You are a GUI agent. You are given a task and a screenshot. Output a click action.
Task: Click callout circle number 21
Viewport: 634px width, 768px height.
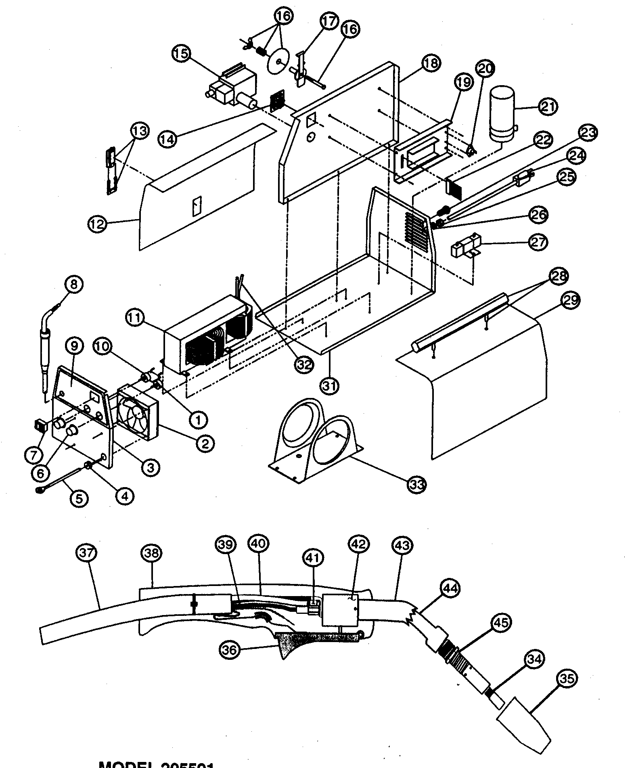548,107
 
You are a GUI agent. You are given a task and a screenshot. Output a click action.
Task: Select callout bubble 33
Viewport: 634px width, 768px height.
416,483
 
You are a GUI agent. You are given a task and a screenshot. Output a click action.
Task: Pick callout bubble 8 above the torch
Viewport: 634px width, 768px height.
73,284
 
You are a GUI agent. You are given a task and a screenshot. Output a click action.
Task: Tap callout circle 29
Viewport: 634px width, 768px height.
569,301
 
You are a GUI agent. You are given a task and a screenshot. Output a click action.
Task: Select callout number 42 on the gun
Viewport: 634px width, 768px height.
358,544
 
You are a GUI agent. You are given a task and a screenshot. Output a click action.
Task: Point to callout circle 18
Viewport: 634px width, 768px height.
431,63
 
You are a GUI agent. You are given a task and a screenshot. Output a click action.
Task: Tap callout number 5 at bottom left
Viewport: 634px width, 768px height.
79,498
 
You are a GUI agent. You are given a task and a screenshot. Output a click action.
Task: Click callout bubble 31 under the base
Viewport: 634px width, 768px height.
330,386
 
